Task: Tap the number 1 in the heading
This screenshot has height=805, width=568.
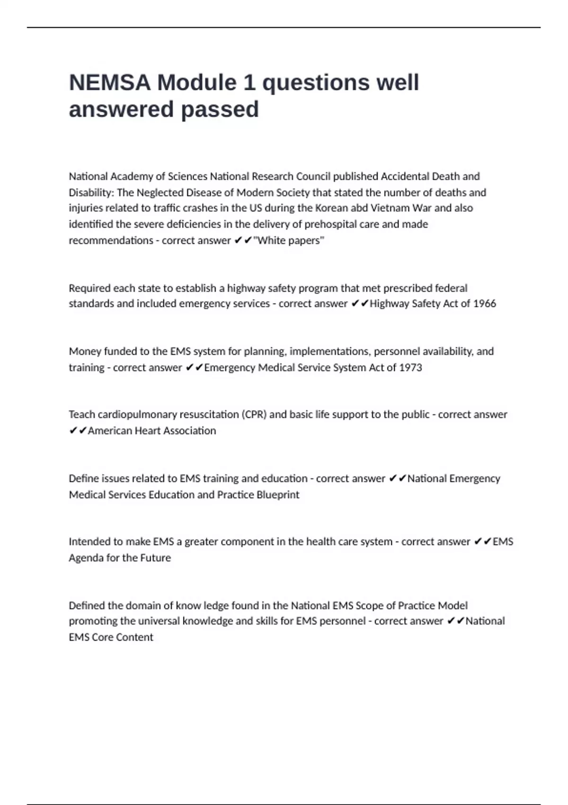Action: coord(248,83)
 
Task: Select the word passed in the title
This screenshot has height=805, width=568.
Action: coord(220,109)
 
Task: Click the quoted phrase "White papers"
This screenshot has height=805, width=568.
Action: coord(289,241)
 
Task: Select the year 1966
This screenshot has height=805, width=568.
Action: coord(484,304)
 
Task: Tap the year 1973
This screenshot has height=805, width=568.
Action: coord(410,367)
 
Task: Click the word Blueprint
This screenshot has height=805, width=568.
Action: coord(278,495)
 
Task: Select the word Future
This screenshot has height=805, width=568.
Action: coord(156,558)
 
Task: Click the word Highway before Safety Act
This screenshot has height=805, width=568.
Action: coord(389,304)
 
